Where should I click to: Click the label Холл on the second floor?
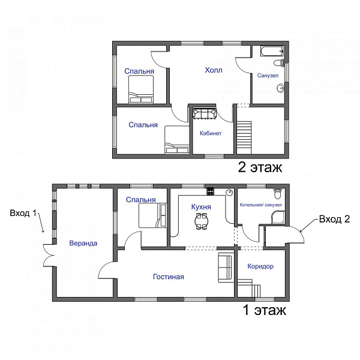click(214, 70)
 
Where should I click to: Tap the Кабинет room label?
click(211, 133)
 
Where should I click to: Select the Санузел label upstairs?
click(268, 76)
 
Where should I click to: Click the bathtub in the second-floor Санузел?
click(272, 51)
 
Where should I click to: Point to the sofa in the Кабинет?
click(205, 113)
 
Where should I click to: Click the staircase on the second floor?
click(244, 137)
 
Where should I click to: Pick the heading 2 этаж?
click(260, 167)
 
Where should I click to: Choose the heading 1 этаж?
click(264, 310)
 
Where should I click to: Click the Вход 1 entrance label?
click(23, 213)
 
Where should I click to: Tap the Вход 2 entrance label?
click(335, 219)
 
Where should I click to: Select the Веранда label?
click(83, 243)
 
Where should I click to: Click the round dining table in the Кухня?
click(202, 221)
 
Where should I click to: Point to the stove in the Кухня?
click(211, 191)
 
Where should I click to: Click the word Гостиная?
click(169, 277)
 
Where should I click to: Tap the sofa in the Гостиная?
click(226, 268)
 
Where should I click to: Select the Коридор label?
click(260, 266)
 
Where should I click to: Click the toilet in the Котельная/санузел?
click(278, 193)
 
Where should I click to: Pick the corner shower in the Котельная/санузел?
click(278, 217)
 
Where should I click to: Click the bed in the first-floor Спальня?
click(152, 215)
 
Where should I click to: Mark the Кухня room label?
click(201, 206)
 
